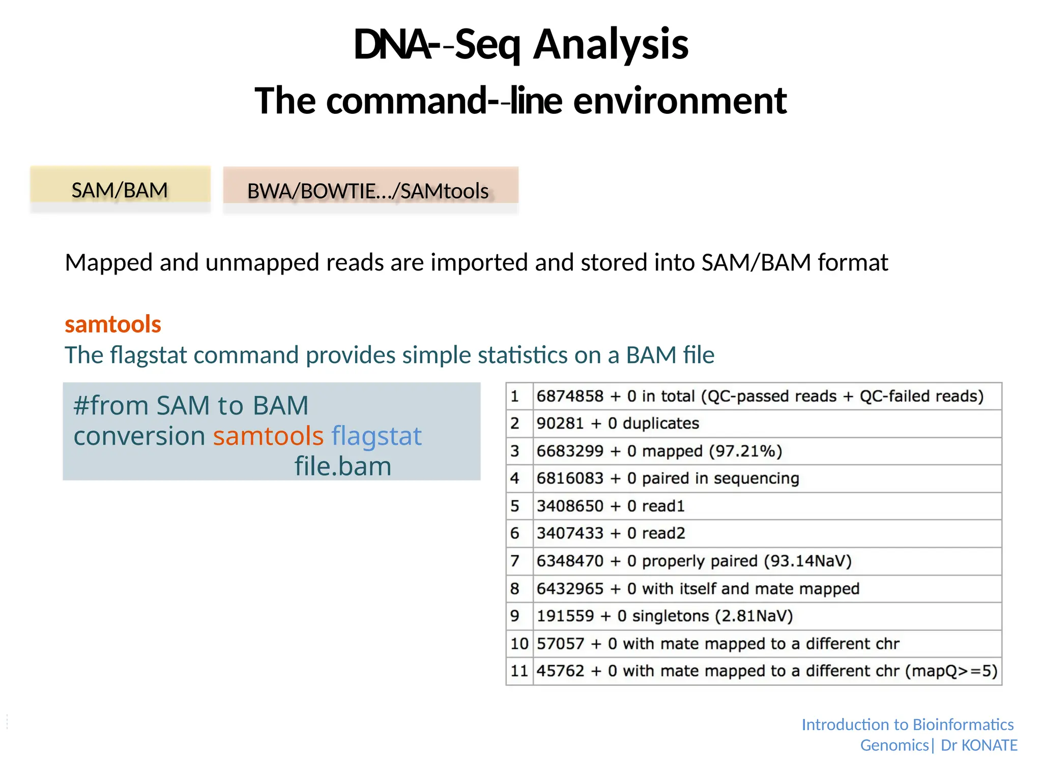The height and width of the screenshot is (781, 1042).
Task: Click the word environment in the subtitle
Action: pyautogui.click(x=680, y=101)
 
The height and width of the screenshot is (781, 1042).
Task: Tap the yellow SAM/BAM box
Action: pyautogui.click(x=120, y=190)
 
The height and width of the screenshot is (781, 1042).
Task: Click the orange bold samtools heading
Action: pyautogui.click(x=113, y=324)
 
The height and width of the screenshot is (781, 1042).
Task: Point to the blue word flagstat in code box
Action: pyautogui.click(x=377, y=436)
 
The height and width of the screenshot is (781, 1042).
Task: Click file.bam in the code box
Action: pyautogui.click(x=343, y=466)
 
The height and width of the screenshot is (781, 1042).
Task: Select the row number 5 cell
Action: pyautogui.click(x=515, y=506)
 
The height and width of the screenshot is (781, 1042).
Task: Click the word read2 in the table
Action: pyautogui.click(x=663, y=533)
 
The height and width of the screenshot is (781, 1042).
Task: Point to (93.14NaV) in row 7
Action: pyautogui.click(x=807, y=561)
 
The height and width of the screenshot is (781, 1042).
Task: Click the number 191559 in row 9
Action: pyautogui.click(x=565, y=616)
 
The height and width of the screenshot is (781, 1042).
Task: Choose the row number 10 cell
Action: pyautogui.click(x=519, y=644)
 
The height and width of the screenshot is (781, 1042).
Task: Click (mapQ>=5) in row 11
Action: pyautogui.click(x=951, y=671)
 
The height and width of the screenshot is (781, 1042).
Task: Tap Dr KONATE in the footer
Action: pyautogui.click(x=979, y=745)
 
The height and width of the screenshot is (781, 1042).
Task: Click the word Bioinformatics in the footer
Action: pyautogui.click(x=963, y=725)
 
